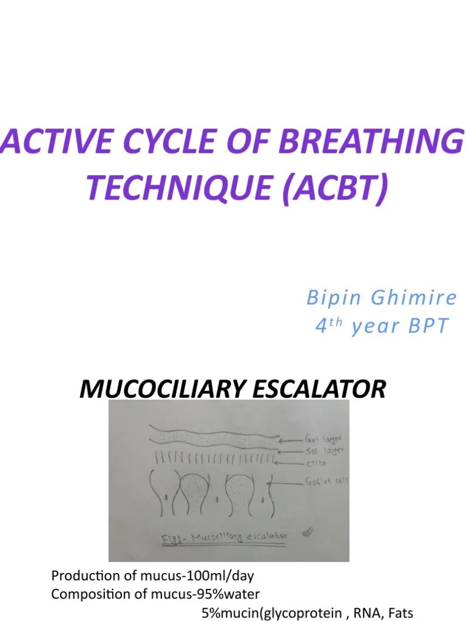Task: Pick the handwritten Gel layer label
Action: pos(325,436)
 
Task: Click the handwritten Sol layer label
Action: pos(325,451)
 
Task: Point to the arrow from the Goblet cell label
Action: pos(285,483)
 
